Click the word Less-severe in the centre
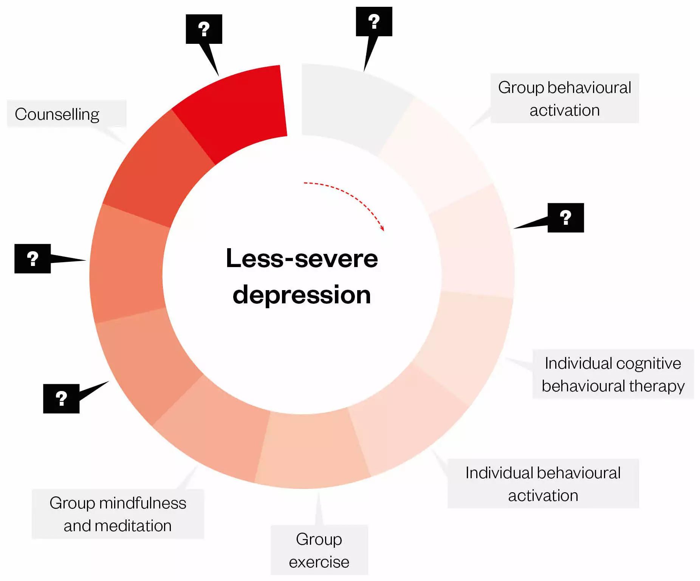click(x=302, y=259)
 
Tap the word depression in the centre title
click(x=302, y=295)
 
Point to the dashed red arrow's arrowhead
click(x=383, y=228)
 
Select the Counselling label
click(x=57, y=114)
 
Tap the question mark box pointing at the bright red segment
click(x=204, y=29)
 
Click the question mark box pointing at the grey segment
click(x=374, y=22)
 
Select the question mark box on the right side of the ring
click(x=565, y=218)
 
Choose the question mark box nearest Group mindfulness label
click(x=61, y=399)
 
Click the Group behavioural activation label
click(x=564, y=99)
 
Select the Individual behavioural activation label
click(x=543, y=484)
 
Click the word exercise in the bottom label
click(x=319, y=562)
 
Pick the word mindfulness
click(x=142, y=503)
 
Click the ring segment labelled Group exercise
click(x=312, y=450)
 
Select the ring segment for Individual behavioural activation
click(x=404, y=419)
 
